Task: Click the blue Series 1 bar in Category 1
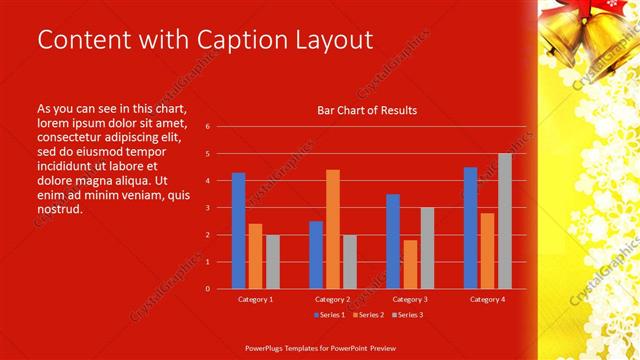(238, 231)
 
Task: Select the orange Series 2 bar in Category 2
(333, 229)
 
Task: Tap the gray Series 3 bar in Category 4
(505, 221)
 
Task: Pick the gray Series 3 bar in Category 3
(427, 248)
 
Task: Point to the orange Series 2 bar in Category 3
(410, 264)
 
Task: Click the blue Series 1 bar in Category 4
(470, 228)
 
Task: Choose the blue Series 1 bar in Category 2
(316, 255)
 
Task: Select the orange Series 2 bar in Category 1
(255, 256)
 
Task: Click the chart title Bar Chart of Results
(367, 110)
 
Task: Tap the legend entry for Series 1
(331, 315)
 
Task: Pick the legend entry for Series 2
(368, 315)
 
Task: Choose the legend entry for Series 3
(407, 315)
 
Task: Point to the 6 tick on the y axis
(207, 127)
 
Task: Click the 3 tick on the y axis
(207, 208)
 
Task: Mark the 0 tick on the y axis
(207, 289)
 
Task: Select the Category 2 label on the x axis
(332, 299)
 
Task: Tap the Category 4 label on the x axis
(487, 299)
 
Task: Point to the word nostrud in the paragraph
(59, 210)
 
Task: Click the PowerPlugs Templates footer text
(321, 349)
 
